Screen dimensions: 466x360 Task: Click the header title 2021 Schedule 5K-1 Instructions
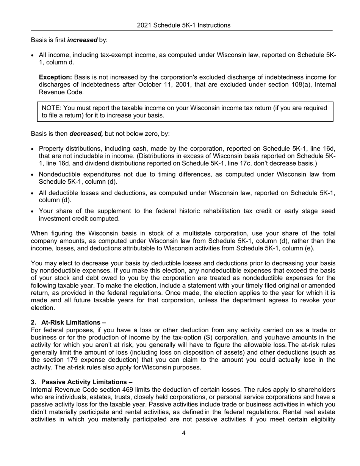(x=183, y=25)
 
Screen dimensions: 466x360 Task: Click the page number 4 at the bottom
(x=183, y=433)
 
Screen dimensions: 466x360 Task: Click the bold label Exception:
(x=55, y=77)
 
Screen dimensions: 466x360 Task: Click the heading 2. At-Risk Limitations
(x=68, y=322)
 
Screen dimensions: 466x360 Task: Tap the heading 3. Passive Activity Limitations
(x=81, y=382)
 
